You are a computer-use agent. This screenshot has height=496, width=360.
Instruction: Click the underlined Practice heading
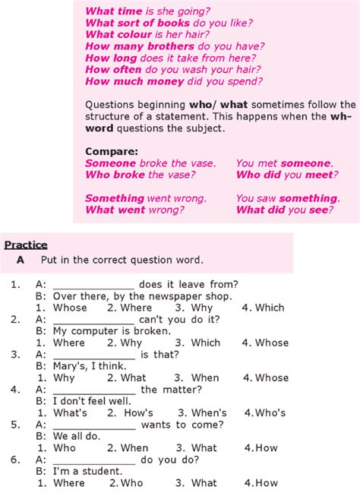tap(26, 245)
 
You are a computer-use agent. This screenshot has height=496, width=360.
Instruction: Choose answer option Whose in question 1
tap(70, 308)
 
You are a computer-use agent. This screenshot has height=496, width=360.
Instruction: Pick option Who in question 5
tap(65, 447)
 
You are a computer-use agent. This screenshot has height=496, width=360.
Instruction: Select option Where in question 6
tap(69, 482)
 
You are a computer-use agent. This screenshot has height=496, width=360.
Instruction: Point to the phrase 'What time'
tap(112, 11)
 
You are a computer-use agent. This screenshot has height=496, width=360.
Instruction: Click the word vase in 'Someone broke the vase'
tap(201, 163)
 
